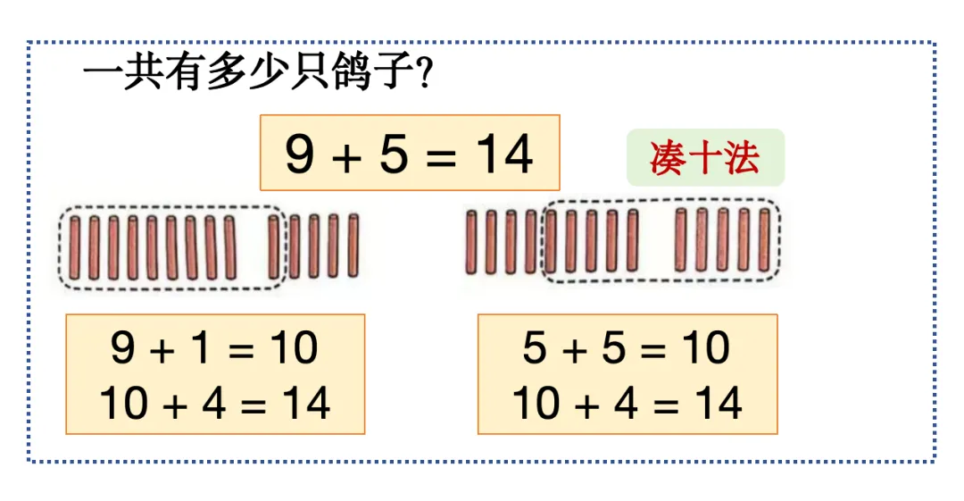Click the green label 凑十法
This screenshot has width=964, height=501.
pyautogui.click(x=705, y=158)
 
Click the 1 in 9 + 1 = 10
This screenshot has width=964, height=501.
pyautogui.click(x=202, y=347)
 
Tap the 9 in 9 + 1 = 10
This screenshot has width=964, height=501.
pyautogui.click(x=123, y=347)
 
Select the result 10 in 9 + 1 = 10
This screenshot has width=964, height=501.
pyautogui.click(x=294, y=347)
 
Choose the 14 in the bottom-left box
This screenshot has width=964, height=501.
pyautogui.click(x=305, y=404)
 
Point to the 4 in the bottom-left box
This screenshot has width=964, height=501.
pyautogui.click(x=213, y=404)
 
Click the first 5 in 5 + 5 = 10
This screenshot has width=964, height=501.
pyautogui.click(x=535, y=347)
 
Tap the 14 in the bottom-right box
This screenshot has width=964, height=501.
pyautogui.click(x=717, y=404)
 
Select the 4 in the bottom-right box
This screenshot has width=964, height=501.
pyautogui.click(x=625, y=404)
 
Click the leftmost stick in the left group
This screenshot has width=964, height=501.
pyautogui.click(x=74, y=247)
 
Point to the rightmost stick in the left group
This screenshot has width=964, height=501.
pyautogui.click(x=353, y=246)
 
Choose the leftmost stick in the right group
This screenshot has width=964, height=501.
pyautogui.click(x=471, y=241)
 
